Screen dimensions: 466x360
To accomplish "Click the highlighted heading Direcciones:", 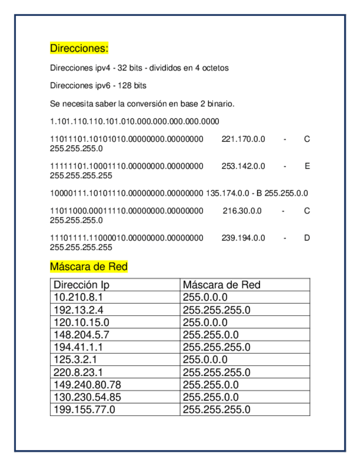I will pyautogui.click(x=79, y=48).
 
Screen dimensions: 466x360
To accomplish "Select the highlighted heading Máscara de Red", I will pyautogui.click(x=88, y=267).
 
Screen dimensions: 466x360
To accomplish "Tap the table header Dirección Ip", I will pyautogui.click(x=81, y=285).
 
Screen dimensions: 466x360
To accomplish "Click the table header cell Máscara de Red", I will pyautogui.click(x=221, y=285).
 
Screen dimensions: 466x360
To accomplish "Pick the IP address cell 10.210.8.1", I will pyautogui.click(x=78, y=297).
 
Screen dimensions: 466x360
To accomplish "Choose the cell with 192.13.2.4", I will pyautogui.click(x=78, y=310).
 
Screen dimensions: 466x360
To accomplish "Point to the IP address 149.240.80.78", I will pyautogui.click(x=87, y=385).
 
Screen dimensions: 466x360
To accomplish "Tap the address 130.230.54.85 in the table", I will pyautogui.click(x=87, y=397).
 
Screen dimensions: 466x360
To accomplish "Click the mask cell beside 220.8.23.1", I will pyautogui.click(x=217, y=372).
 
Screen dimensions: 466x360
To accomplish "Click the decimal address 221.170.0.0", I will pyautogui.click(x=243, y=140).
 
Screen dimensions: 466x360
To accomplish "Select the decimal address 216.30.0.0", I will pyautogui.click(x=242, y=211).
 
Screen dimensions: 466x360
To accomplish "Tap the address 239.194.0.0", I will pyautogui.click(x=243, y=238).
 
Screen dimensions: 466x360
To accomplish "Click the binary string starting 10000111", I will pyautogui.click(x=126, y=193).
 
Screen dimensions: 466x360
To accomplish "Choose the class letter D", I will pyautogui.click(x=307, y=238).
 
